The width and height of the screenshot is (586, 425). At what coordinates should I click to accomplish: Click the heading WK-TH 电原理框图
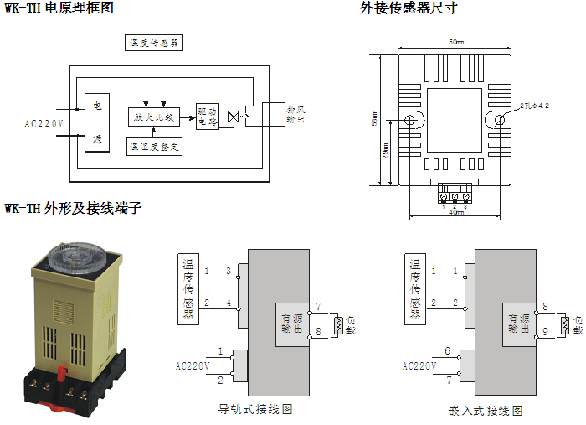(59, 8)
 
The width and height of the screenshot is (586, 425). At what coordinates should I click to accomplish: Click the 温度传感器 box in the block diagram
(153, 43)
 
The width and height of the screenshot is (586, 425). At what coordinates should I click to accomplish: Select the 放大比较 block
(157, 117)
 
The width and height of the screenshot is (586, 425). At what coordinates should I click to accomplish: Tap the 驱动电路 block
(206, 117)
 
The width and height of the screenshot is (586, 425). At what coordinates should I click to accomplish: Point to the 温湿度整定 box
(155, 147)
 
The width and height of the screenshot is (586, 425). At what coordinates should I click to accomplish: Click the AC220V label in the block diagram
(44, 123)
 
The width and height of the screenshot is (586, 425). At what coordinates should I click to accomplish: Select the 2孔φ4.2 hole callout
(533, 107)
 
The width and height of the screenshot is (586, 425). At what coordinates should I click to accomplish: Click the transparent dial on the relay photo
(73, 255)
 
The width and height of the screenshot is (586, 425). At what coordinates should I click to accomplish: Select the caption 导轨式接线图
(254, 409)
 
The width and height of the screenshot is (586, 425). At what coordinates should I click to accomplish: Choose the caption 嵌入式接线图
(485, 411)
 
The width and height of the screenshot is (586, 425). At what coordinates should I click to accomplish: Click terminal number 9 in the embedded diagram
(545, 333)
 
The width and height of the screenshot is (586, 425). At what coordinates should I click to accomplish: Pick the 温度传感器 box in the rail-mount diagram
(189, 288)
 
